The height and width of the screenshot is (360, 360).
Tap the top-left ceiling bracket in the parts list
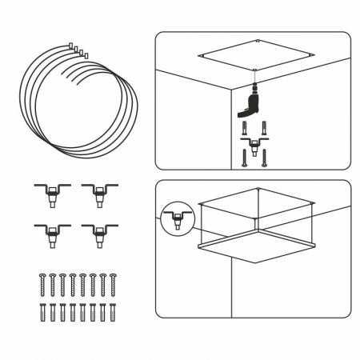point(50,193)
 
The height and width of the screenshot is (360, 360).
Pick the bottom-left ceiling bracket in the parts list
point(50,233)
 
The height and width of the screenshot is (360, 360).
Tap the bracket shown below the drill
point(254,145)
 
